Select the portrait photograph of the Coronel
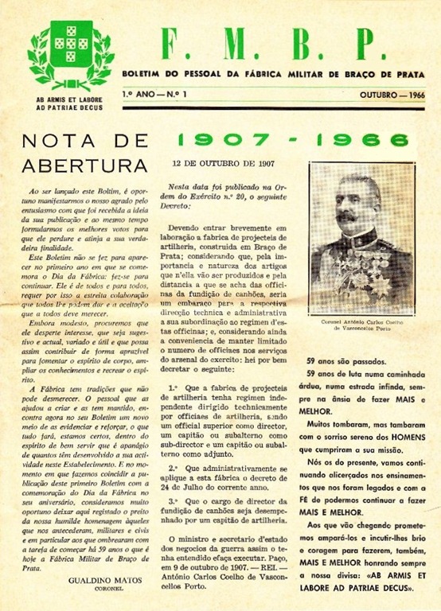click(x=362, y=239)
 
